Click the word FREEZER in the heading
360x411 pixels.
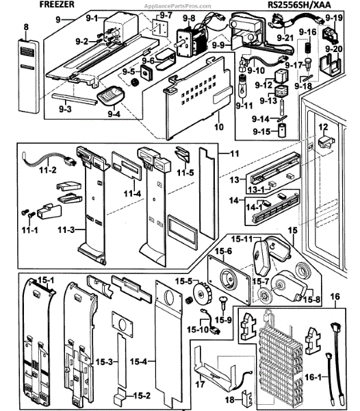pos(57,4)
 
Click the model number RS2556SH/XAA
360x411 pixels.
pos(299,5)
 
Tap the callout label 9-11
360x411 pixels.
pos(244,106)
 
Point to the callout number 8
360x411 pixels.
pos(26,27)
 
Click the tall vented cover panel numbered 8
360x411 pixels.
pos(29,76)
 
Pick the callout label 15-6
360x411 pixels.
pos(223,251)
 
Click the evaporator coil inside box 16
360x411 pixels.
pos(281,359)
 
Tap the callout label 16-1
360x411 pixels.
pos(313,377)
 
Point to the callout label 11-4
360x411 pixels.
pos(132,193)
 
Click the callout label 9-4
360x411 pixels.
pos(114,114)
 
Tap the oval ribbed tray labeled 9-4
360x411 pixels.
pos(110,96)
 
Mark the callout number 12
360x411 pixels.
pos(323,127)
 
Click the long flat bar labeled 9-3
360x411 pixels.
pos(75,99)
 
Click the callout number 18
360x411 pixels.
pos(230,400)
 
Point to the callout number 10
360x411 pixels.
pos(218,127)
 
